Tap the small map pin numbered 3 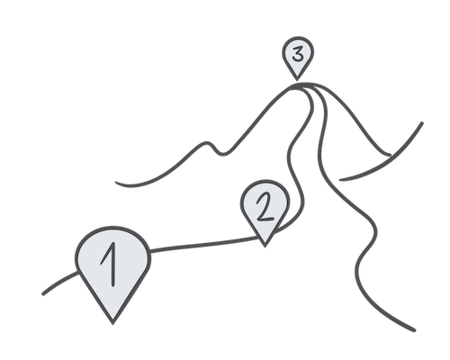click(298, 56)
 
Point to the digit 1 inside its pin click(110, 264)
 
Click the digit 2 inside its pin click(265, 207)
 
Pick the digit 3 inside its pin click(298, 54)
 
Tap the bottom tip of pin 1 click(112, 324)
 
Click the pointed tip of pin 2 click(265, 247)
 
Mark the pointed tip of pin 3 click(297, 80)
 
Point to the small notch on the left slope click(223, 154)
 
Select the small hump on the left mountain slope click(206, 143)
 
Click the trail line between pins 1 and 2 click(204, 245)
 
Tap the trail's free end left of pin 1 click(43, 294)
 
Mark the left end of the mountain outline click(116, 182)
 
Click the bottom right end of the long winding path click(415, 330)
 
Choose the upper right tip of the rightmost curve click(422, 123)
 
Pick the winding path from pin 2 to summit click(295, 159)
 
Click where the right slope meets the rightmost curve click(390, 155)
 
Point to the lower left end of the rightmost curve click(340, 180)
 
